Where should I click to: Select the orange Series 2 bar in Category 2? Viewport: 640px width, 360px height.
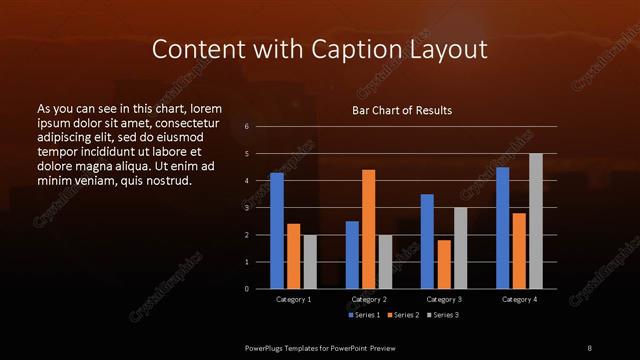coord(368,229)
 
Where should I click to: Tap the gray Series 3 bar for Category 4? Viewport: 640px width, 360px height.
coord(535,221)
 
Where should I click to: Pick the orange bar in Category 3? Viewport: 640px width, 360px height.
coord(443,264)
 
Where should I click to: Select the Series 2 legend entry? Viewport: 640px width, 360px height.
coord(403,315)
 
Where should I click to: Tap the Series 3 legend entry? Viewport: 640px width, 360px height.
coord(441,315)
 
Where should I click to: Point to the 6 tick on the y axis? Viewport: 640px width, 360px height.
coord(247,127)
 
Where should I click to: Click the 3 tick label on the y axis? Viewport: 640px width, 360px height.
coord(247,208)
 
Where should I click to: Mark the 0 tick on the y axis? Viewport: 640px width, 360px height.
coord(247,289)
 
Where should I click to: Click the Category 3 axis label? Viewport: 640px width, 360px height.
coord(443,299)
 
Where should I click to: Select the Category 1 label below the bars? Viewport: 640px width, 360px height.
coord(293,299)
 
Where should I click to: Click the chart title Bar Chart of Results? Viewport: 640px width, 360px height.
coord(402,110)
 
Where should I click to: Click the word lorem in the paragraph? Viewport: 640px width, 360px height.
coord(205,108)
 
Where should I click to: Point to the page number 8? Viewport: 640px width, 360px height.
coord(589,347)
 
